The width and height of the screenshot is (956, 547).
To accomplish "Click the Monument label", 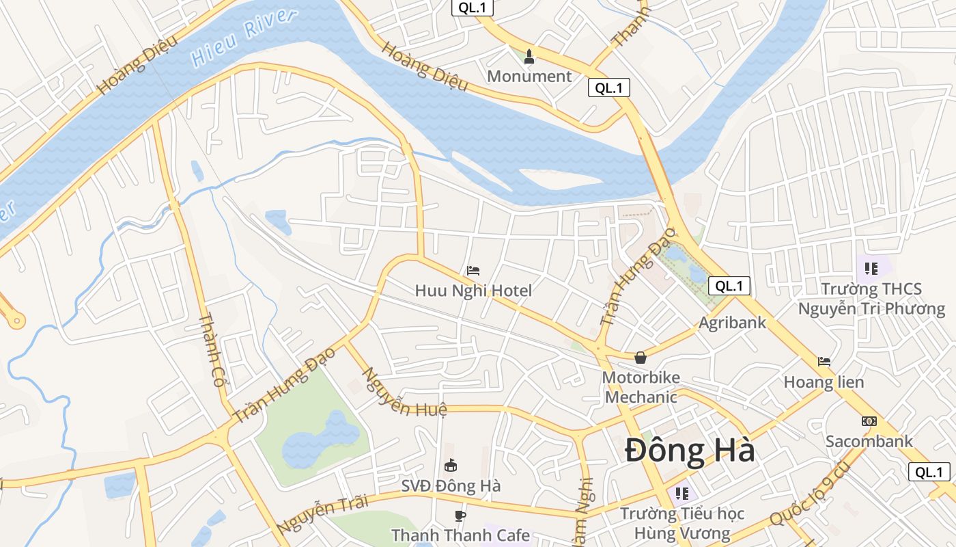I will (x=529, y=76).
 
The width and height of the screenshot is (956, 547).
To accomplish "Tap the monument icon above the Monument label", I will (x=529, y=56).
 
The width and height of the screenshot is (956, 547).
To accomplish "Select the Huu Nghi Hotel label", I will (x=473, y=291).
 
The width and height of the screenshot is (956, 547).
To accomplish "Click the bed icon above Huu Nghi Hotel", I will (x=473, y=270).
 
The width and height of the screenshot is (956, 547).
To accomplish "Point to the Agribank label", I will (x=733, y=322).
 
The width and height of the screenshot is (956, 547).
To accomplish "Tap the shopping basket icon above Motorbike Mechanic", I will (x=641, y=357).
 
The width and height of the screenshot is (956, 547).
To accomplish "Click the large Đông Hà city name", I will (x=690, y=451).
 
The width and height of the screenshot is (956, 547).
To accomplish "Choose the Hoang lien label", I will (x=824, y=382).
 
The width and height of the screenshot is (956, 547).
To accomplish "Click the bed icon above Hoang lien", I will (x=824, y=361).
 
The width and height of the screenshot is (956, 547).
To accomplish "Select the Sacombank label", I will (x=869, y=441).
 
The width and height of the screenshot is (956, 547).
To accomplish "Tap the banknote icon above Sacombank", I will (x=869, y=421).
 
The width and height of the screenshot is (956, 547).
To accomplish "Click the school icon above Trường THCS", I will (x=871, y=269).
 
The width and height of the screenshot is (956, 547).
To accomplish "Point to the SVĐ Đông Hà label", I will (x=451, y=486).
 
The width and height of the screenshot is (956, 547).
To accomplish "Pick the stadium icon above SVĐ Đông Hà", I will (x=451, y=466).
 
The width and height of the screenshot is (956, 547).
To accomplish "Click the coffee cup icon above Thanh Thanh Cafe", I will (x=460, y=515).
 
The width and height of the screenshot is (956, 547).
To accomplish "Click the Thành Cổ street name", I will (x=212, y=350).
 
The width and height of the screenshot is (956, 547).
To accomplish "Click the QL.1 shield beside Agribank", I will (x=729, y=286).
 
